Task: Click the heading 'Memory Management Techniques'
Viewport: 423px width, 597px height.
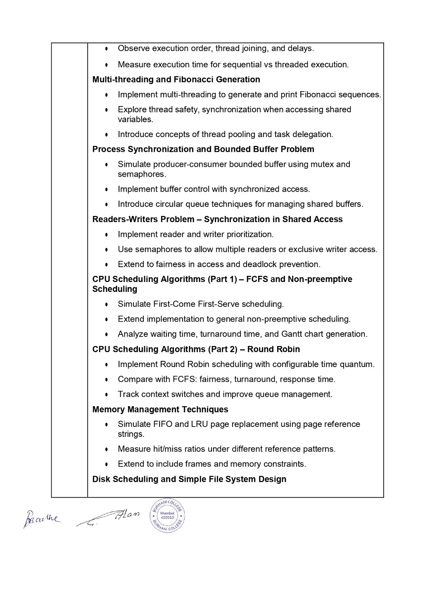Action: coord(160,409)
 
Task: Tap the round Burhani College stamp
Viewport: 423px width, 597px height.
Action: coord(167,515)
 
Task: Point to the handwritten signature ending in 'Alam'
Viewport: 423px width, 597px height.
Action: coord(109,518)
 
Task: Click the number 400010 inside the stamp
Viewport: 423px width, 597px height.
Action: coord(167,517)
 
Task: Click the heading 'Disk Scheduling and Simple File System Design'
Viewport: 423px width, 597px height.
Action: coord(189,479)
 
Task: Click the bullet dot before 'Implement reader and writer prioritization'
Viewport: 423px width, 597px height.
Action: coord(107,235)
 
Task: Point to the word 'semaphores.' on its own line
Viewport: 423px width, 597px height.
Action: coord(142,174)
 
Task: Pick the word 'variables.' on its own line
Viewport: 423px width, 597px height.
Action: coord(135,119)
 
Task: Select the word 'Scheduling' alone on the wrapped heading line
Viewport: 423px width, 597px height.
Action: coord(115,289)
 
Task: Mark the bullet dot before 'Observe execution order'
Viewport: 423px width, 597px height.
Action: coord(107,49)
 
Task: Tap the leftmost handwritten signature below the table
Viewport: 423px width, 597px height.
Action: coord(41,518)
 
